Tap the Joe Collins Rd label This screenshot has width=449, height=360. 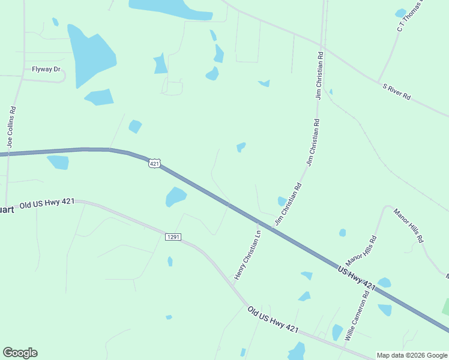pyautogui.click(x=11, y=127)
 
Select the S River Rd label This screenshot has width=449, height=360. pyautogui.click(x=397, y=91)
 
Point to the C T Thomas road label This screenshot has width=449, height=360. pyautogui.click(x=411, y=15)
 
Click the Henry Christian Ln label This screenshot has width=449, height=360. pyautogui.click(x=247, y=255)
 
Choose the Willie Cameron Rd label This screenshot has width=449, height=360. pyautogui.click(x=357, y=316)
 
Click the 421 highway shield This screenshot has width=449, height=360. pyautogui.click(x=155, y=164)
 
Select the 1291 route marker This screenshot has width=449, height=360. pyautogui.click(x=173, y=237)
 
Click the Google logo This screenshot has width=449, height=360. pyautogui.click(x=20, y=353)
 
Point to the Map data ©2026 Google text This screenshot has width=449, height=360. pyautogui.click(x=412, y=355)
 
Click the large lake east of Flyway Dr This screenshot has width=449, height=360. pyautogui.click(x=90, y=54)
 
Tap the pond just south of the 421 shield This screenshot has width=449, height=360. pyautogui.click(x=175, y=196)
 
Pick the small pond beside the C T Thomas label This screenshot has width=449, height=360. pyautogui.click(x=400, y=13)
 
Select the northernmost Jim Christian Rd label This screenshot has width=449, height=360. pyautogui.click(x=319, y=74)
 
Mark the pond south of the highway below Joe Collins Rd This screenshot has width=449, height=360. pyautogui.click(x=58, y=162)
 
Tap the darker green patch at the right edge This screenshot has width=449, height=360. pyautogui.click(x=445, y=306)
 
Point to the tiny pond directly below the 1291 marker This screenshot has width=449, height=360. pyautogui.click(x=170, y=261)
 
